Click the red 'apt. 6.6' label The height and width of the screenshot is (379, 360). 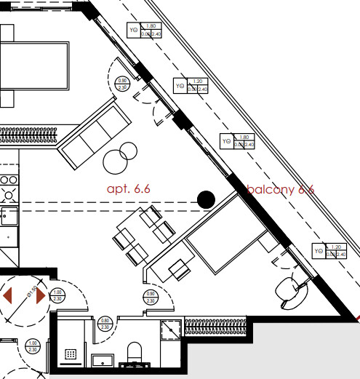128,188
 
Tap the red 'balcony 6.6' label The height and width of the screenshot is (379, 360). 280,189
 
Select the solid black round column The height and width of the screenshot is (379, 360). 207,199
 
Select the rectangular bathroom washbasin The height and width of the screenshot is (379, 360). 103,360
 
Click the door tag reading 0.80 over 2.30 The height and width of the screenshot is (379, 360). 105,324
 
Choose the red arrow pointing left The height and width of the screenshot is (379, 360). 8,296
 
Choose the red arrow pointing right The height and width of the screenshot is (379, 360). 41,296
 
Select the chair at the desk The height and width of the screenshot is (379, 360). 177,270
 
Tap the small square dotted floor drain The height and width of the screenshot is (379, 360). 71,354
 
